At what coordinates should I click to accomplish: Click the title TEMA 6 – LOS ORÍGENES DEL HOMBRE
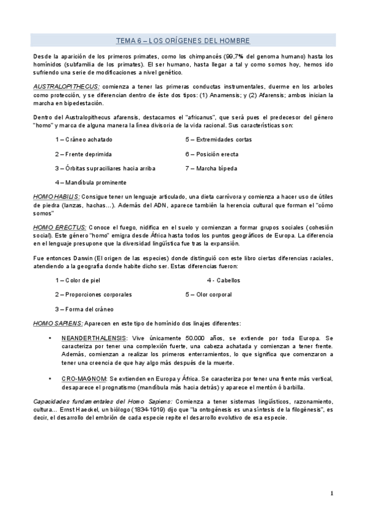coord(183,40)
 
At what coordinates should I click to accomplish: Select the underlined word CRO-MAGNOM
coord(84,378)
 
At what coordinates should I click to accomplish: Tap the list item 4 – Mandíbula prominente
coord(90,182)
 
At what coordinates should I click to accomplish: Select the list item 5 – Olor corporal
coord(208,294)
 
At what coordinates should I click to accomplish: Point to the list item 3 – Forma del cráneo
coord(84,309)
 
